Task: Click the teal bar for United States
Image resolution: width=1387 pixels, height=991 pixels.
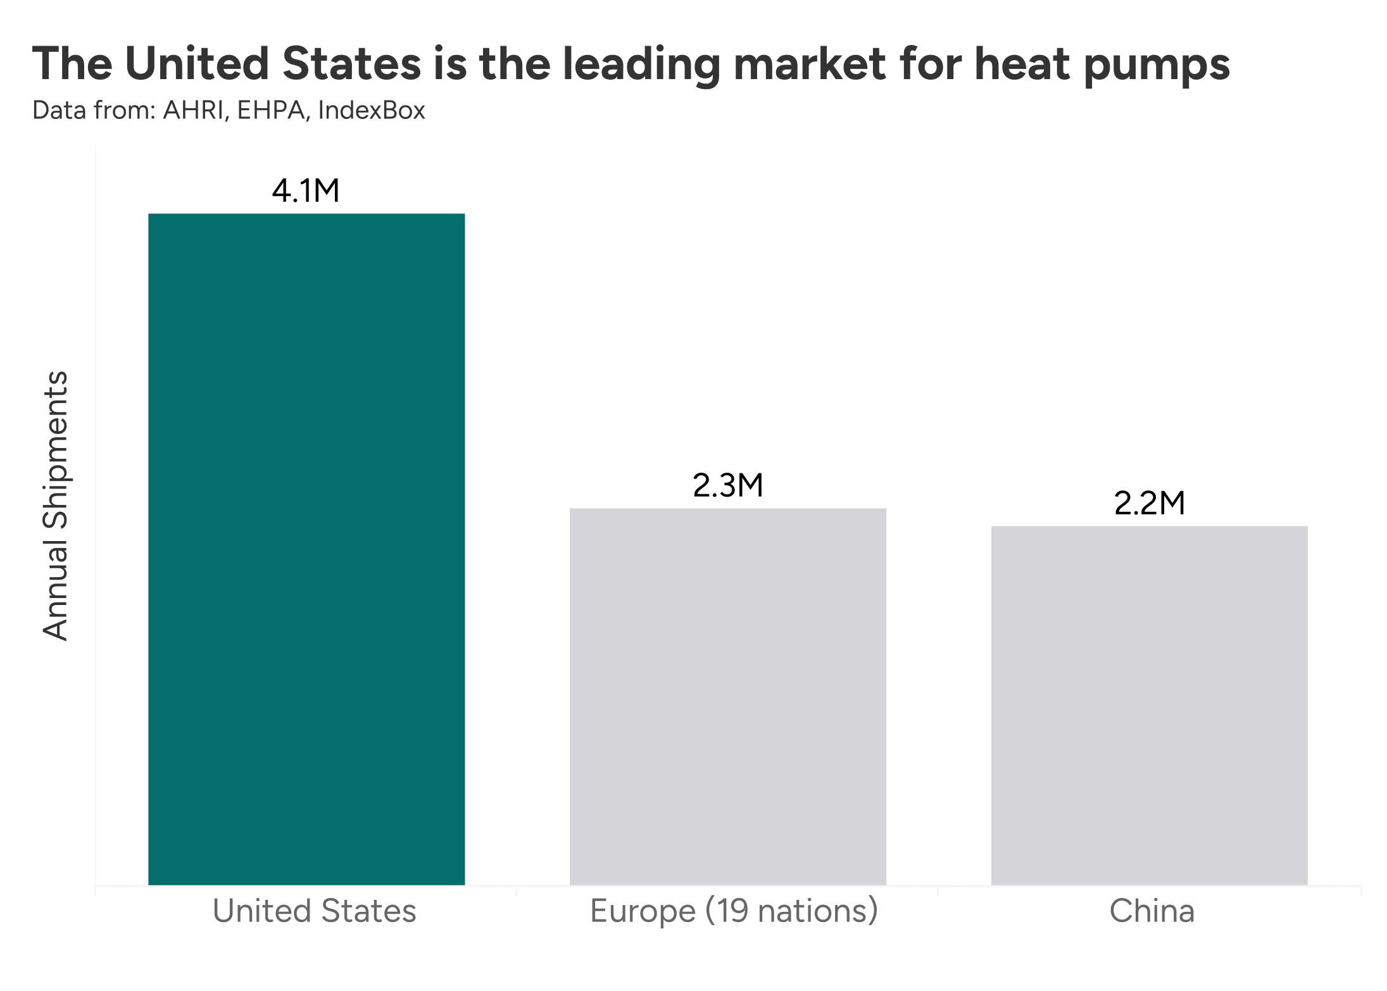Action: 306,549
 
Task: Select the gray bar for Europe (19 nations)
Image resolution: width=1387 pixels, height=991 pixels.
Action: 727,696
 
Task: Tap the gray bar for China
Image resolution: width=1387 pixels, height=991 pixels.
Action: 1149,705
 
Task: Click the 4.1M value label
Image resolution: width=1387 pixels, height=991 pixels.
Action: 306,190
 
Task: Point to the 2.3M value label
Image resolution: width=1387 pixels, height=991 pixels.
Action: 728,485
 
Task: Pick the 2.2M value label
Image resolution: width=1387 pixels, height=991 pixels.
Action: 1149,503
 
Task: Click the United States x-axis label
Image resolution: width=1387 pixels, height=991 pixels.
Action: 315,911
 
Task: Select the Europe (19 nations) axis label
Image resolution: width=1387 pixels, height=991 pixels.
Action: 734,911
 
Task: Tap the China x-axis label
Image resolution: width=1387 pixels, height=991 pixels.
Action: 1152,911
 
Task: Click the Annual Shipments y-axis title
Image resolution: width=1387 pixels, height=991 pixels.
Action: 56,506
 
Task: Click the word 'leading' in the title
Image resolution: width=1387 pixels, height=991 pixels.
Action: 641,65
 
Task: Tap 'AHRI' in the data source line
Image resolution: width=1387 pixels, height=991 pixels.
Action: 194,111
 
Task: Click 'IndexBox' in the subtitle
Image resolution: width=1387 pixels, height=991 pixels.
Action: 372,111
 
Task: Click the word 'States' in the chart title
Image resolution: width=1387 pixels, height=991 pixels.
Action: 351,64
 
